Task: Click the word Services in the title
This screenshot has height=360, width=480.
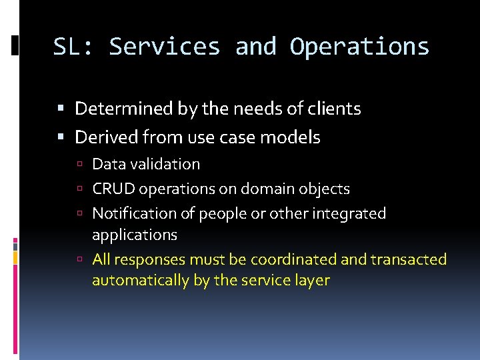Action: [164, 47]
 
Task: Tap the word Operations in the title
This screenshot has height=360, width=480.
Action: [360, 47]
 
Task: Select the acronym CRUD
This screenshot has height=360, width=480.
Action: [111, 189]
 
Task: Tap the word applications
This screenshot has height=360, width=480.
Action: [134, 235]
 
